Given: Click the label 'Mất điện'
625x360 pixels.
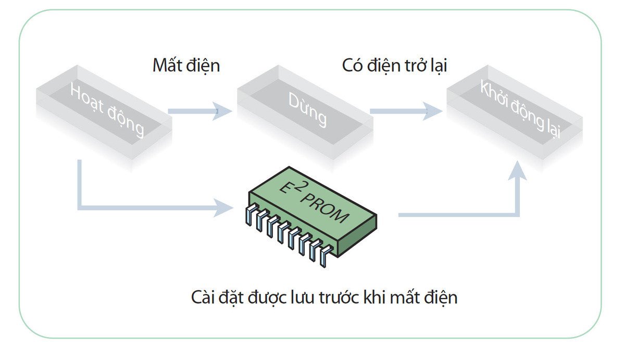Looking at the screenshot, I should (x=186, y=66).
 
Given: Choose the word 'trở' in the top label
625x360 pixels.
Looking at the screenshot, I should (x=411, y=66).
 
